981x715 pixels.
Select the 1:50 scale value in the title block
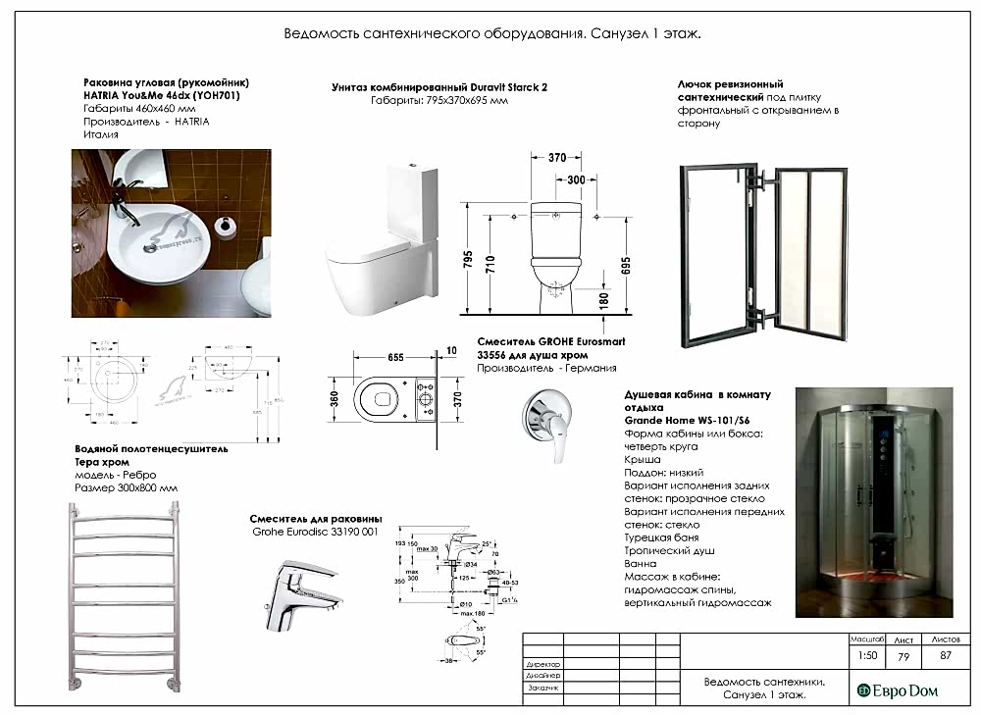(x=866, y=655)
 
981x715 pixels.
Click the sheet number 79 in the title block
(x=905, y=655)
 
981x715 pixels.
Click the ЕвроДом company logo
(x=898, y=690)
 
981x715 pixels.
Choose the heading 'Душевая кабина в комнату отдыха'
(x=697, y=400)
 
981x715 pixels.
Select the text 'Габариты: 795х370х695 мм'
(x=439, y=101)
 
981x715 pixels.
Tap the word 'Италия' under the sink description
(x=96, y=134)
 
